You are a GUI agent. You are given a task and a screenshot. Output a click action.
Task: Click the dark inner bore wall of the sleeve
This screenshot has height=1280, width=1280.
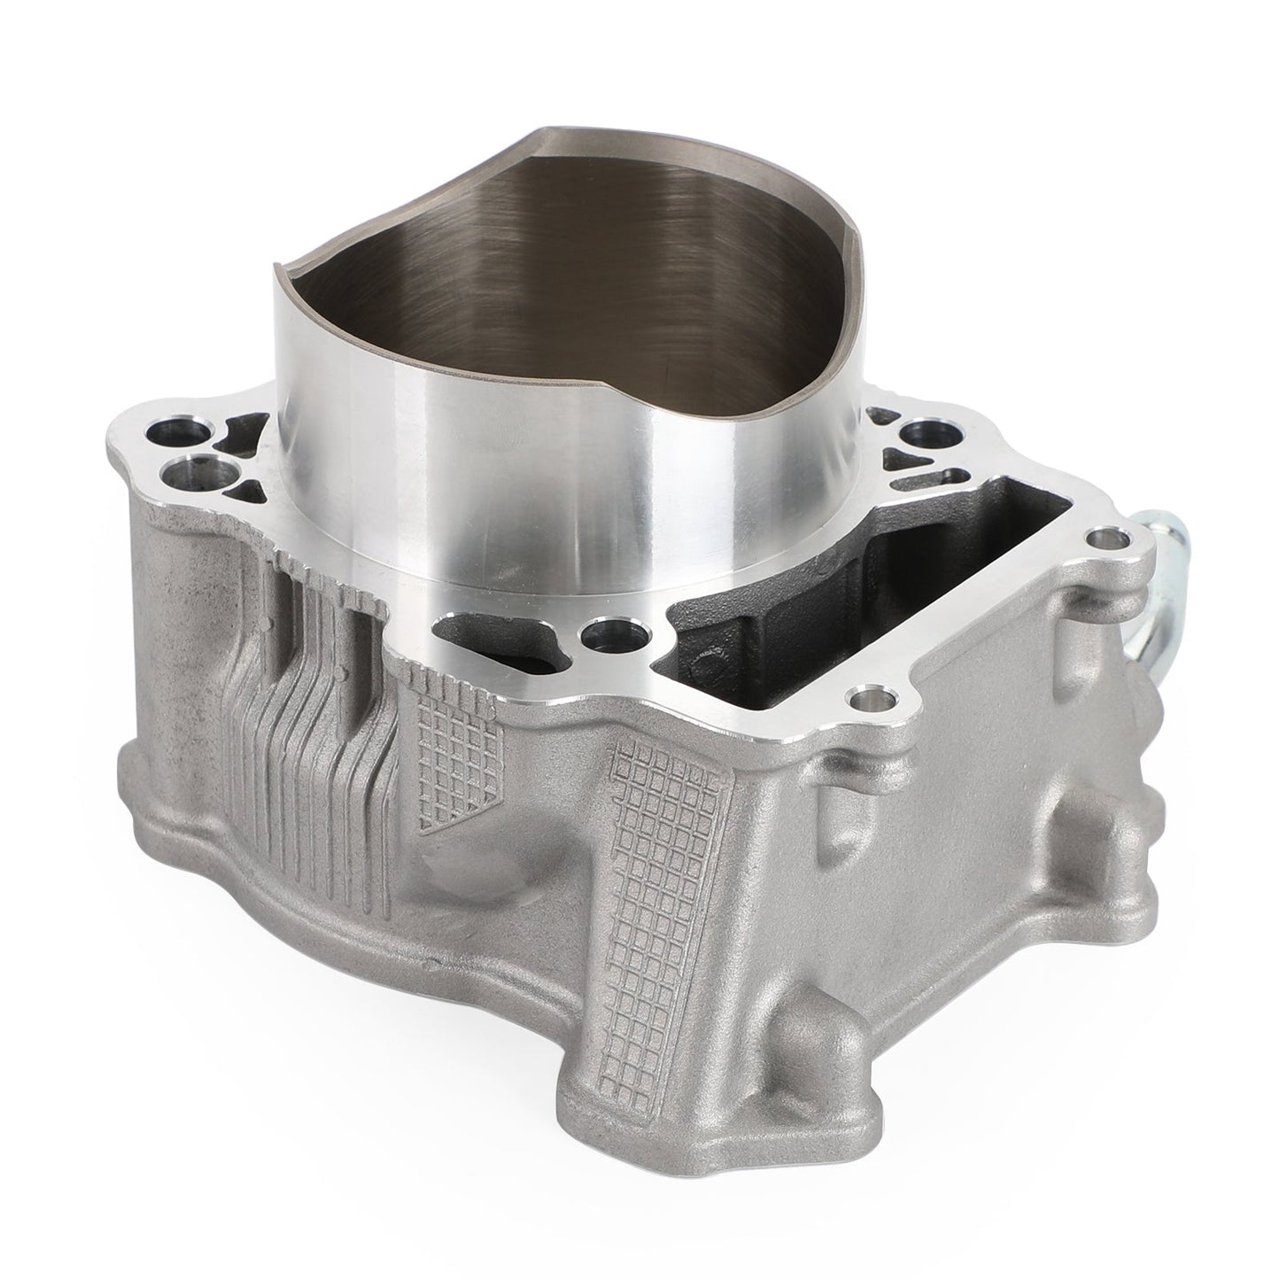click(x=567, y=248)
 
